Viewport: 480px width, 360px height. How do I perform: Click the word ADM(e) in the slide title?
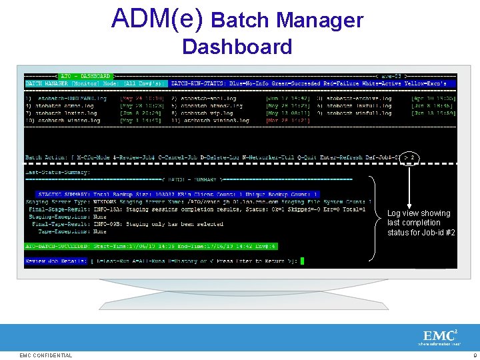[x=157, y=19]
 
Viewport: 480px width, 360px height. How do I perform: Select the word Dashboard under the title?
[x=237, y=47]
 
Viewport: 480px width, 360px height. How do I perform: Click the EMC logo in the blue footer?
[x=437, y=337]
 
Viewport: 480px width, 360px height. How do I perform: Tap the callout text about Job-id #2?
[x=421, y=223]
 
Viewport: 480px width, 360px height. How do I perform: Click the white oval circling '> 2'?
[x=411, y=158]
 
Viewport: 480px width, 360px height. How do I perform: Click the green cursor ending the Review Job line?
[x=302, y=261]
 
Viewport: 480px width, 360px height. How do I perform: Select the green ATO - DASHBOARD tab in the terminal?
[x=86, y=77]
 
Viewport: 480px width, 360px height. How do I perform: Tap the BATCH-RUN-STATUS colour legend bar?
[x=313, y=84]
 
